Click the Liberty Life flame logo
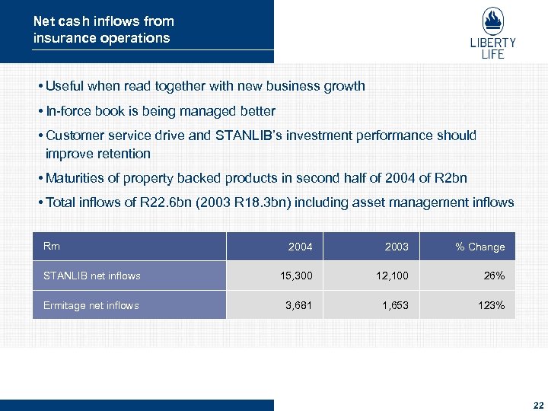(492, 21)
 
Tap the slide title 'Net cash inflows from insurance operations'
(104, 30)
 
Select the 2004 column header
(300, 247)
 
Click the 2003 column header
(397, 247)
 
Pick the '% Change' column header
(479, 247)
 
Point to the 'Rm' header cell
(52, 246)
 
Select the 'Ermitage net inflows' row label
(91, 305)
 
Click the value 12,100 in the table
(393, 276)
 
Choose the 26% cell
(493, 276)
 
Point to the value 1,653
(394, 305)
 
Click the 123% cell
(490, 305)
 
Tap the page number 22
(538, 406)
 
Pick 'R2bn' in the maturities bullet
(451, 178)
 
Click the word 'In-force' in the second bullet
(70, 111)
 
